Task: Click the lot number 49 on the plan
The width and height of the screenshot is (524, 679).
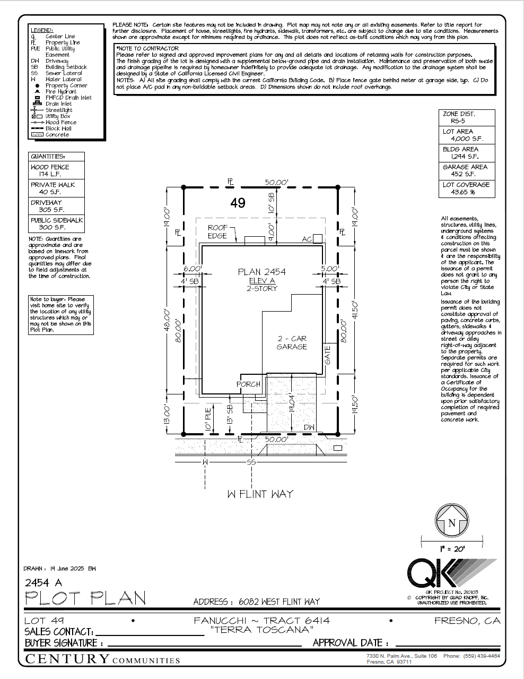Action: (x=238, y=203)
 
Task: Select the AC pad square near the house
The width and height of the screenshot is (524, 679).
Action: (x=317, y=239)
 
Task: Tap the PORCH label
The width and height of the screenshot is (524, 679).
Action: (x=248, y=384)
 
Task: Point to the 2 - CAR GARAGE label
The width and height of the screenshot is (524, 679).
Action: (x=292, y=342)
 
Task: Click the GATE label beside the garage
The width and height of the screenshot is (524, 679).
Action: (x=328, y=355)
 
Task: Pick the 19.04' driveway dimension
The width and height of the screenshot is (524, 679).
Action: (x=292, y=403)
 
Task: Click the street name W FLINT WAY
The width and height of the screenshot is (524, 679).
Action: (x=260, y=494)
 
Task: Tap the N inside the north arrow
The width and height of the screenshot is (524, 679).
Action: (x=452, y=523)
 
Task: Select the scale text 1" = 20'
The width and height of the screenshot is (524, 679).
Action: (x=452, y=549)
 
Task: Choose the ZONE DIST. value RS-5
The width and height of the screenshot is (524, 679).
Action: (x=454, y=121)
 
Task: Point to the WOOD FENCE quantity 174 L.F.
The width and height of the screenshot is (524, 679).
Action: (x=51, y=174)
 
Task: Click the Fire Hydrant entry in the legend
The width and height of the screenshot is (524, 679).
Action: (x=60, y=92)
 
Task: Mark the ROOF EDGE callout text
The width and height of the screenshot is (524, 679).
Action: (x=217, y=232)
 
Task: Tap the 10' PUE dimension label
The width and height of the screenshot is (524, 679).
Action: (x=208, y=418)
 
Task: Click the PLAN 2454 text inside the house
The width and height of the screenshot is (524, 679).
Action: (x=261, y=272)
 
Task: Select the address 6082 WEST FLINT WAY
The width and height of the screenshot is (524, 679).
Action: (x=279, y=601)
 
